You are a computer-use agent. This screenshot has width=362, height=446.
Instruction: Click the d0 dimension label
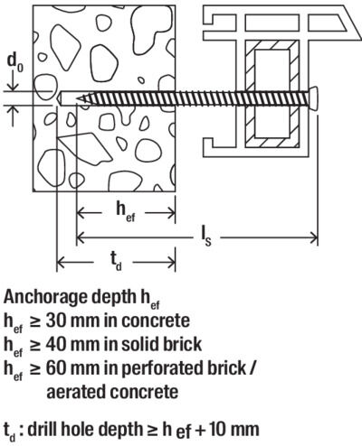tap(14, 62)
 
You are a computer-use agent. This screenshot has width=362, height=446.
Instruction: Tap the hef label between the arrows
tap(126, 211)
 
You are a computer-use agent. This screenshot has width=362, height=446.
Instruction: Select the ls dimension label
tap(206, 237)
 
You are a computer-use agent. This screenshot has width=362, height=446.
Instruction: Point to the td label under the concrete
tap(116, 262)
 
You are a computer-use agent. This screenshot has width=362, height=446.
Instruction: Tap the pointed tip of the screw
tap(78, 98)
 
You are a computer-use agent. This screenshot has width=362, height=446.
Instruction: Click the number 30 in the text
tap(56, 321)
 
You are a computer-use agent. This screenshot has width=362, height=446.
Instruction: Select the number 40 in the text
tap(56, 344)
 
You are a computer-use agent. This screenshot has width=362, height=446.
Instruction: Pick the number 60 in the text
tap(56, 367)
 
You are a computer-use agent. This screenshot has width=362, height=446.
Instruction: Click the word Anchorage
tap(44, 298)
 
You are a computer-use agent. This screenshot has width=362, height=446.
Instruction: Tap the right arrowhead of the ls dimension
tap(314, 237)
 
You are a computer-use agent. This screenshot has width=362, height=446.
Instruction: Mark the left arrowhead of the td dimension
tap(62, 263)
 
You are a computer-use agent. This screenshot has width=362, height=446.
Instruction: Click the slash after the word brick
tap(252, 367)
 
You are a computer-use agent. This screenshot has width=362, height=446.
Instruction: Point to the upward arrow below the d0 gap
tap(13, 116)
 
